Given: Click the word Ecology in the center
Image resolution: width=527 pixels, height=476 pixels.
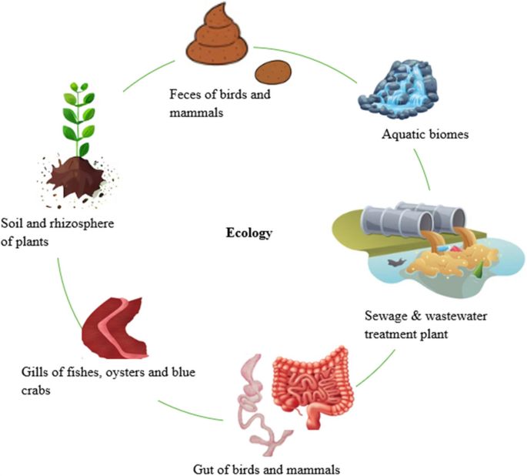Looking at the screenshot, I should [248, 232].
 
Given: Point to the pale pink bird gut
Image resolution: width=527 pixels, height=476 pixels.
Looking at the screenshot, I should [258, 408].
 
